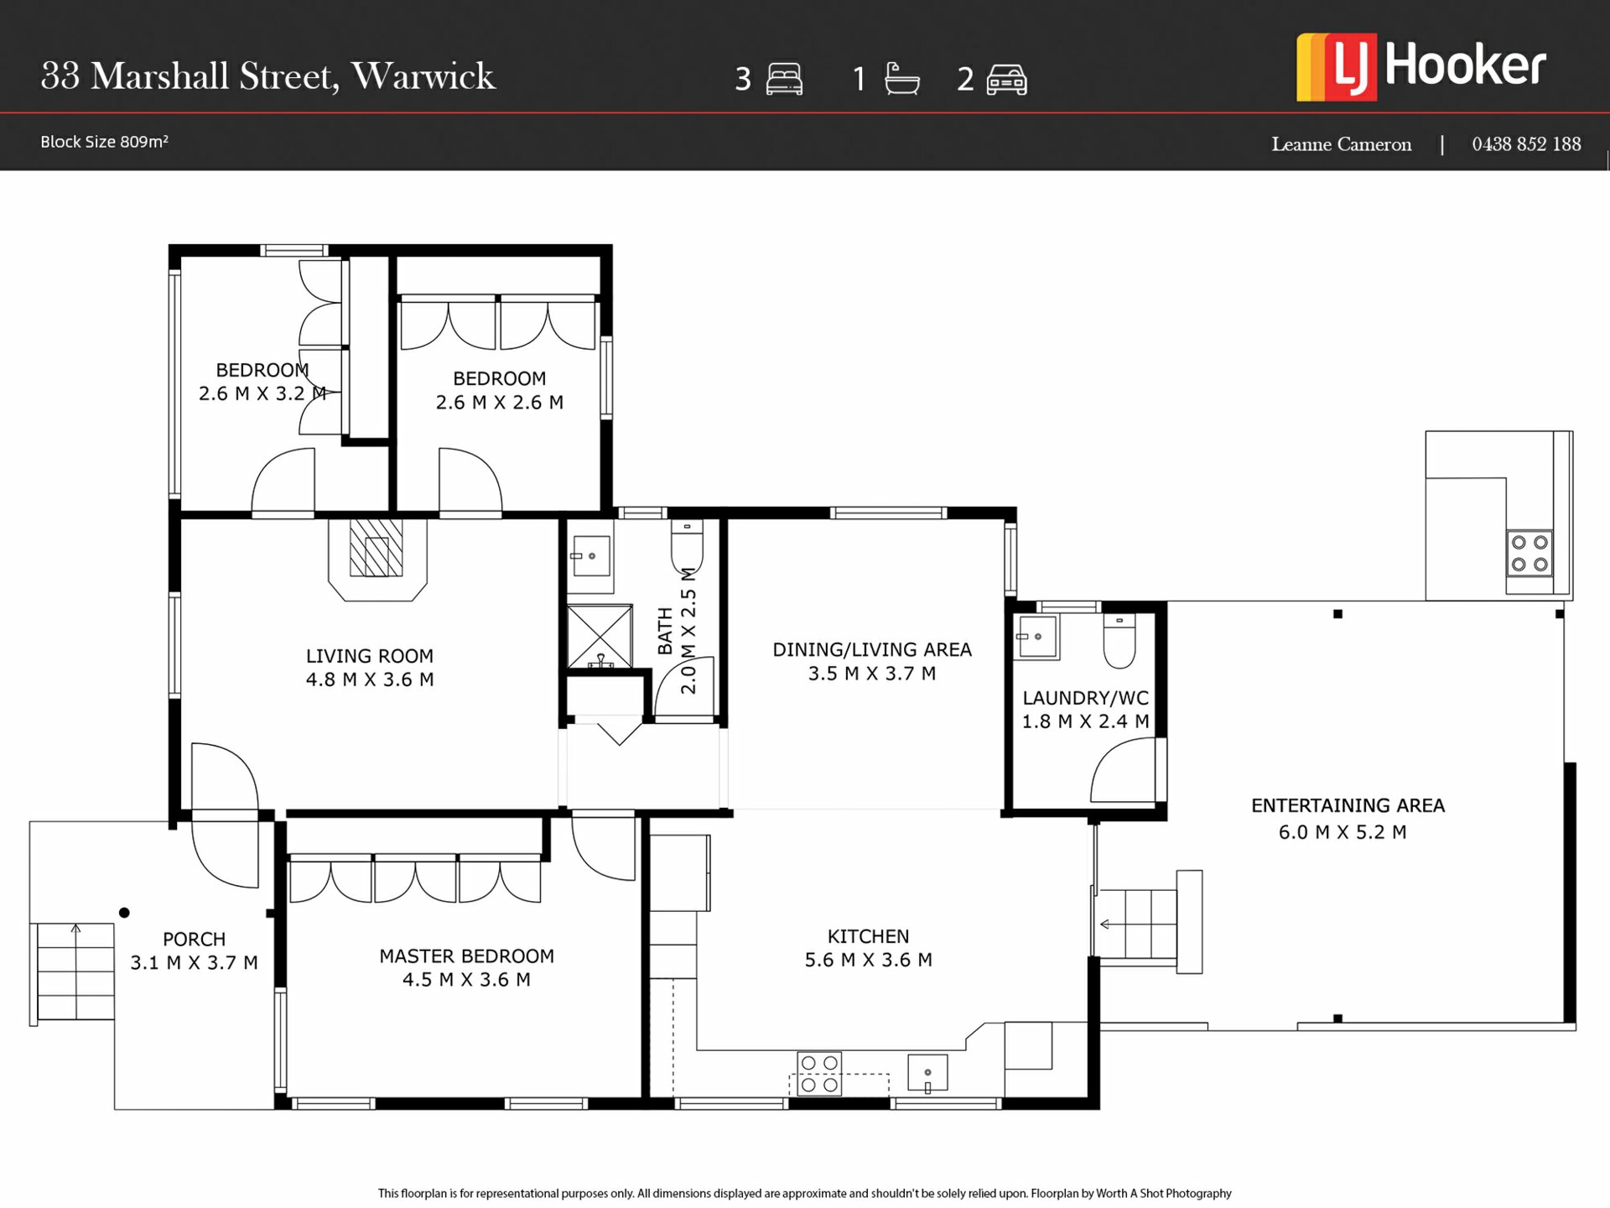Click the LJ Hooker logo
(x=1421, y=67)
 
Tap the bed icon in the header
(x=784, y=79)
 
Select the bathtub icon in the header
(x=902, y=79)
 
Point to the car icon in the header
(x=1007, y=80)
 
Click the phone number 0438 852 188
(x=1526, y=144)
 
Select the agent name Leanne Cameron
(x=1341, y=144)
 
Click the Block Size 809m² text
(x=104, y=142)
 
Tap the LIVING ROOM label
(x=370, y=656)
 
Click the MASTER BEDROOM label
(x=466, y=956)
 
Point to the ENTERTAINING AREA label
(x=1348, y=805)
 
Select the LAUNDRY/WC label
(x=1086, y=698)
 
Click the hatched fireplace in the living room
(x=377, y=547)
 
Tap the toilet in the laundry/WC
(x=1119, y=640)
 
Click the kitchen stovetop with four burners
(x=819, y=1073)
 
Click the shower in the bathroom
(x=600, y=636)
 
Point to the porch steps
(x=75, y=971)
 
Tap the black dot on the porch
(x=124, y=913)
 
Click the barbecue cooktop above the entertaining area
(x=1529, y=553)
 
